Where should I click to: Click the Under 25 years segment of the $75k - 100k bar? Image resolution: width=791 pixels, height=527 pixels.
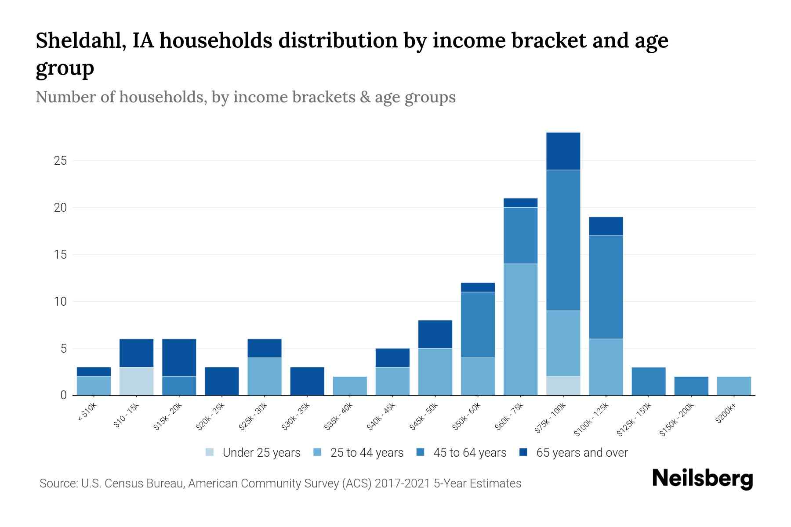pyautogui.click(x=563, y=386)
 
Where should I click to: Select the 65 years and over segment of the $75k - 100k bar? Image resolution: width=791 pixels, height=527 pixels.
pyautogui.click(x=563, y=151)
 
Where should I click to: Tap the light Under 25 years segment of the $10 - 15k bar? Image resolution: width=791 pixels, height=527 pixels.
pyautogui.click(x=136, y=381)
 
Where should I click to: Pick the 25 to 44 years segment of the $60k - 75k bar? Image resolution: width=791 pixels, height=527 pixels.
pyautogui.click(x=520, y=329)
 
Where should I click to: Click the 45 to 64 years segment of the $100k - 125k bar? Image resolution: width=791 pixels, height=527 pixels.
pyautogui.click(x=606, y=287)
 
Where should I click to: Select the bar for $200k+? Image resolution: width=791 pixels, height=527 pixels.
pyautogui.click(x=734, y=386)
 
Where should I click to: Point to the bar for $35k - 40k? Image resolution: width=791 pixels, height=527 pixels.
pyautogui.click(x=350, y=386)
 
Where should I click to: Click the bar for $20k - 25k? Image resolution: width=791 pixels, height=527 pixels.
pyautogui.click(x=222, y=381)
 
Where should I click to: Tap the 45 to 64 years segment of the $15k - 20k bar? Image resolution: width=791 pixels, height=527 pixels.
pyautogui.click(x=179, y=386)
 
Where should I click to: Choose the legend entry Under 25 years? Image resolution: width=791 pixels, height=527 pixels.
pyautogui.click(x=261, y=452)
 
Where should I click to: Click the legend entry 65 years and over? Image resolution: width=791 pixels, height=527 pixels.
pyautogui.click(x=581, y=452)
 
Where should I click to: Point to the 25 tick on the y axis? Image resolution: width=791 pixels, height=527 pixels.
pyautogui.click(x=60, y=161)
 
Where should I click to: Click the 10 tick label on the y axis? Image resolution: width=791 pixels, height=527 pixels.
pyautogui.click(x=60, y=302)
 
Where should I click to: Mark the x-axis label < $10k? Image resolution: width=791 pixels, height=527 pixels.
pyautogui.click(x=87, y=413)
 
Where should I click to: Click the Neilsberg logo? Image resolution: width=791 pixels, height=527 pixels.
pyautogui.click(x=702, y=479)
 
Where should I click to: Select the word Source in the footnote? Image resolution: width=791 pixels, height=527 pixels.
pyautogui.click(x=58, y=484)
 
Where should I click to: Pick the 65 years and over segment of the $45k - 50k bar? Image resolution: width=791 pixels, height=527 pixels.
pyautogui.click(x=435, y=334)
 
